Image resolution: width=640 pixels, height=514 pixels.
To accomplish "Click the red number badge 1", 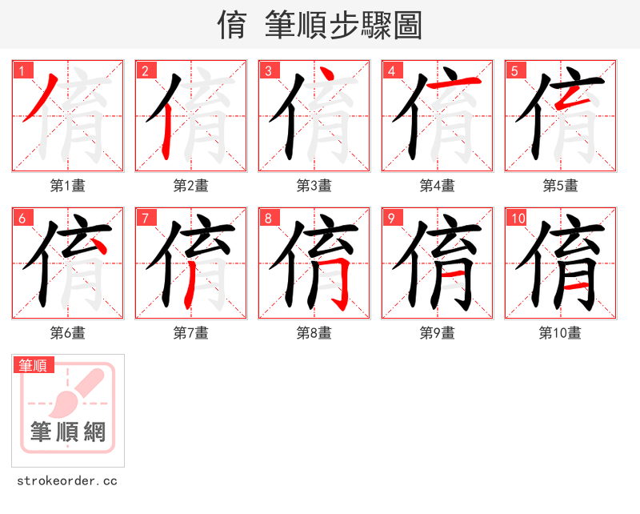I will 22,70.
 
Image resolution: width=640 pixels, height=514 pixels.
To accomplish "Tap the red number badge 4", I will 392,70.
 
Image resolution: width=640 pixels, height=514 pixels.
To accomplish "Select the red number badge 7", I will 146,218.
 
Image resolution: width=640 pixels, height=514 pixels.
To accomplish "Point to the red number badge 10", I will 517,218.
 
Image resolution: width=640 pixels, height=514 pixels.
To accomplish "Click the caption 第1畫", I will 68,186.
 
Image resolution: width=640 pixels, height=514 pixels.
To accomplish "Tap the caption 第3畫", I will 314,186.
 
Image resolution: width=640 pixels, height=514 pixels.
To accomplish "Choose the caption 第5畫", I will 560,186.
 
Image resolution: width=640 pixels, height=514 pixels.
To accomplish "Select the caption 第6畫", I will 68,333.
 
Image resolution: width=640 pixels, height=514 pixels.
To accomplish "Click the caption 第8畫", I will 314,333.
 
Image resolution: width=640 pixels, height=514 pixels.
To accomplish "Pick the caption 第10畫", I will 560,333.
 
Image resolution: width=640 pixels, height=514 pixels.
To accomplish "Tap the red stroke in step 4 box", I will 454,82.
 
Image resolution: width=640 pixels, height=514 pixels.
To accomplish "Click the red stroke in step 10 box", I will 575,285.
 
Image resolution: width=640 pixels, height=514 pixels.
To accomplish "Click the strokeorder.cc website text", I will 67,481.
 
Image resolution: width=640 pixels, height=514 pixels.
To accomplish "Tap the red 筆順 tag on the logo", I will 34,365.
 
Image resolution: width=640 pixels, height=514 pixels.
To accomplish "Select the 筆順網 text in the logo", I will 68,432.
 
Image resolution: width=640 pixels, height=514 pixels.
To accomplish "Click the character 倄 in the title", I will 231,26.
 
